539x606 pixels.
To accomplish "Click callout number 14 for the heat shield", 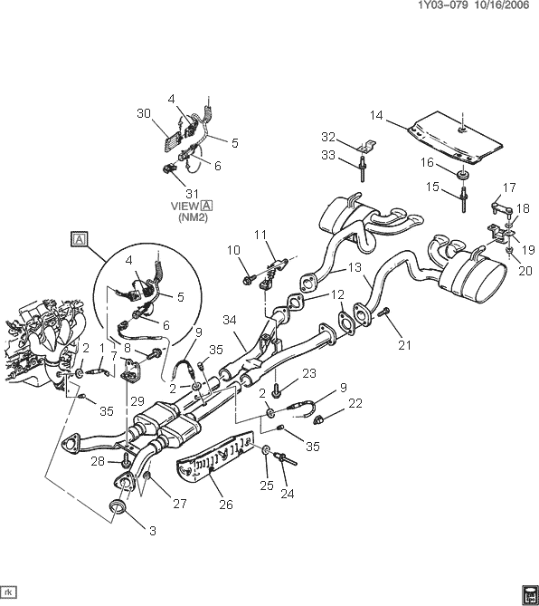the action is pos(376,115).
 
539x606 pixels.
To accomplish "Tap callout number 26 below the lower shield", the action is pos(226,505).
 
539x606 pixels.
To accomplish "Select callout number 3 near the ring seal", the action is pos(153,531).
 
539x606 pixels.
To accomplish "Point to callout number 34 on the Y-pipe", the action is pos(230,320).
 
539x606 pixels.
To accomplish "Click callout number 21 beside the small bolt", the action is pos(405,345).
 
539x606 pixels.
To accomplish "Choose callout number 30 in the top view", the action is pos(144,113).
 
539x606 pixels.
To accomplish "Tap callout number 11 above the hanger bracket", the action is pos(260,235).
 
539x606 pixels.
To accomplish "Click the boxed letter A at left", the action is pos(79,239).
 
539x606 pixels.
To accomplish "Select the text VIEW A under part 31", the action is pos(192,206).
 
